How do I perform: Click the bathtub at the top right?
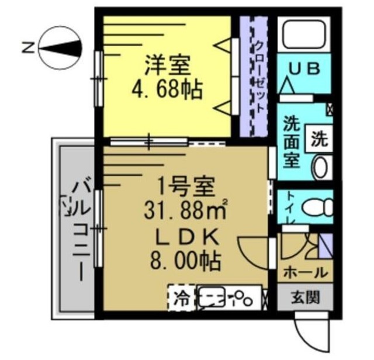(303, 36)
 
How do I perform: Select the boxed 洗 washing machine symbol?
(319, 140)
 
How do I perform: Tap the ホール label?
(304, 272)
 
